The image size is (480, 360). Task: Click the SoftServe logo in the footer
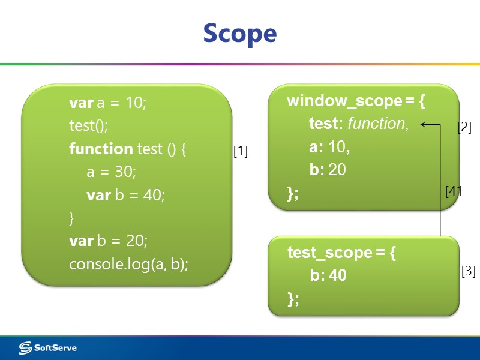48,347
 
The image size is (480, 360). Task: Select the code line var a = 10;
108,103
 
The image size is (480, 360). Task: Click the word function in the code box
101,148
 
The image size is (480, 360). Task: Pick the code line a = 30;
112,172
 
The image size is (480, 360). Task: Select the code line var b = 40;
125,195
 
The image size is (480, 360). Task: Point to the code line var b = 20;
109,241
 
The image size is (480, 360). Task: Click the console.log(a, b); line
128,263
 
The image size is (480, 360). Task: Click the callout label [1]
241,152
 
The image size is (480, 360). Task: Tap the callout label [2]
464,127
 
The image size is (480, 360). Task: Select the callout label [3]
469,271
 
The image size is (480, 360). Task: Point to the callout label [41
454,191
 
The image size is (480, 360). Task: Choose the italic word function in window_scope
377,124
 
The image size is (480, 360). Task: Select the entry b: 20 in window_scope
328,170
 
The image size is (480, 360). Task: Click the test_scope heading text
329,253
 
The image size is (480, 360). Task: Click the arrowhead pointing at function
424,124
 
